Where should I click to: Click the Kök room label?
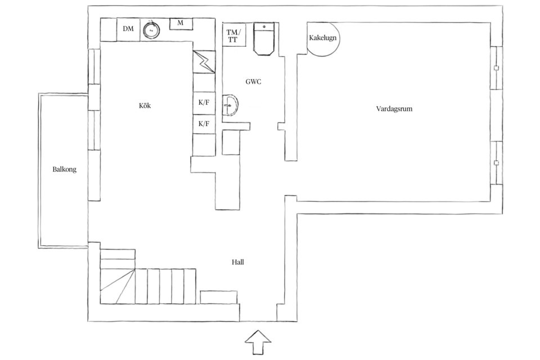[145, 106]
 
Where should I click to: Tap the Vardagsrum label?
[394, 109]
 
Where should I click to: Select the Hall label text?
[237, 262]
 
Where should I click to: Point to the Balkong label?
[64, 169]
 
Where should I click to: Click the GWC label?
[253, 82]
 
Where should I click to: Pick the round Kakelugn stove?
[323, 39]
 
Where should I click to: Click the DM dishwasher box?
[128, 29]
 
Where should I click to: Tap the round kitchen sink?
[151, 30]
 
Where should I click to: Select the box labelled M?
[181, 24]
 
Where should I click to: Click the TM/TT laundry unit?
[234, 35]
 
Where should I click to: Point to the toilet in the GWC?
[264, 38]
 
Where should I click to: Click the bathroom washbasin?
[231, 105]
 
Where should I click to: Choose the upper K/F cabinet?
[204, 103]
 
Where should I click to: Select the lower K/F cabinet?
[204, 124]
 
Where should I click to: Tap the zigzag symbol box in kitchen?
[204, 62]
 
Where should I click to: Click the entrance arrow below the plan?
[258, 342]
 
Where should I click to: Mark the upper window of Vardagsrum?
[496, 68]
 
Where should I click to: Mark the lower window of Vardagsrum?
[496, 163]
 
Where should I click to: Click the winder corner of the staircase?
[118, 286]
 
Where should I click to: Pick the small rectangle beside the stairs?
[219, 298]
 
